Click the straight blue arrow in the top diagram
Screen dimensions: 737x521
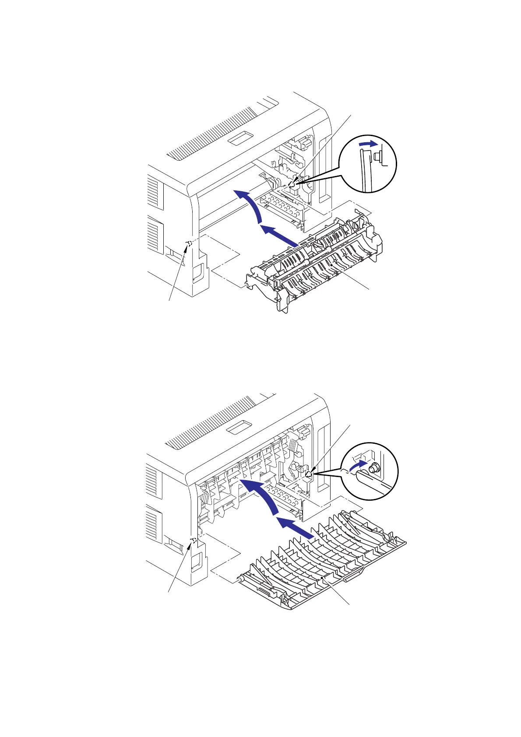280,236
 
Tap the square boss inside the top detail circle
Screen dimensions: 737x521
377,155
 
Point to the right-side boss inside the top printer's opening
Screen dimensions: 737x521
292,185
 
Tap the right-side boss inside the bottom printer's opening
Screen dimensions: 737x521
308,474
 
